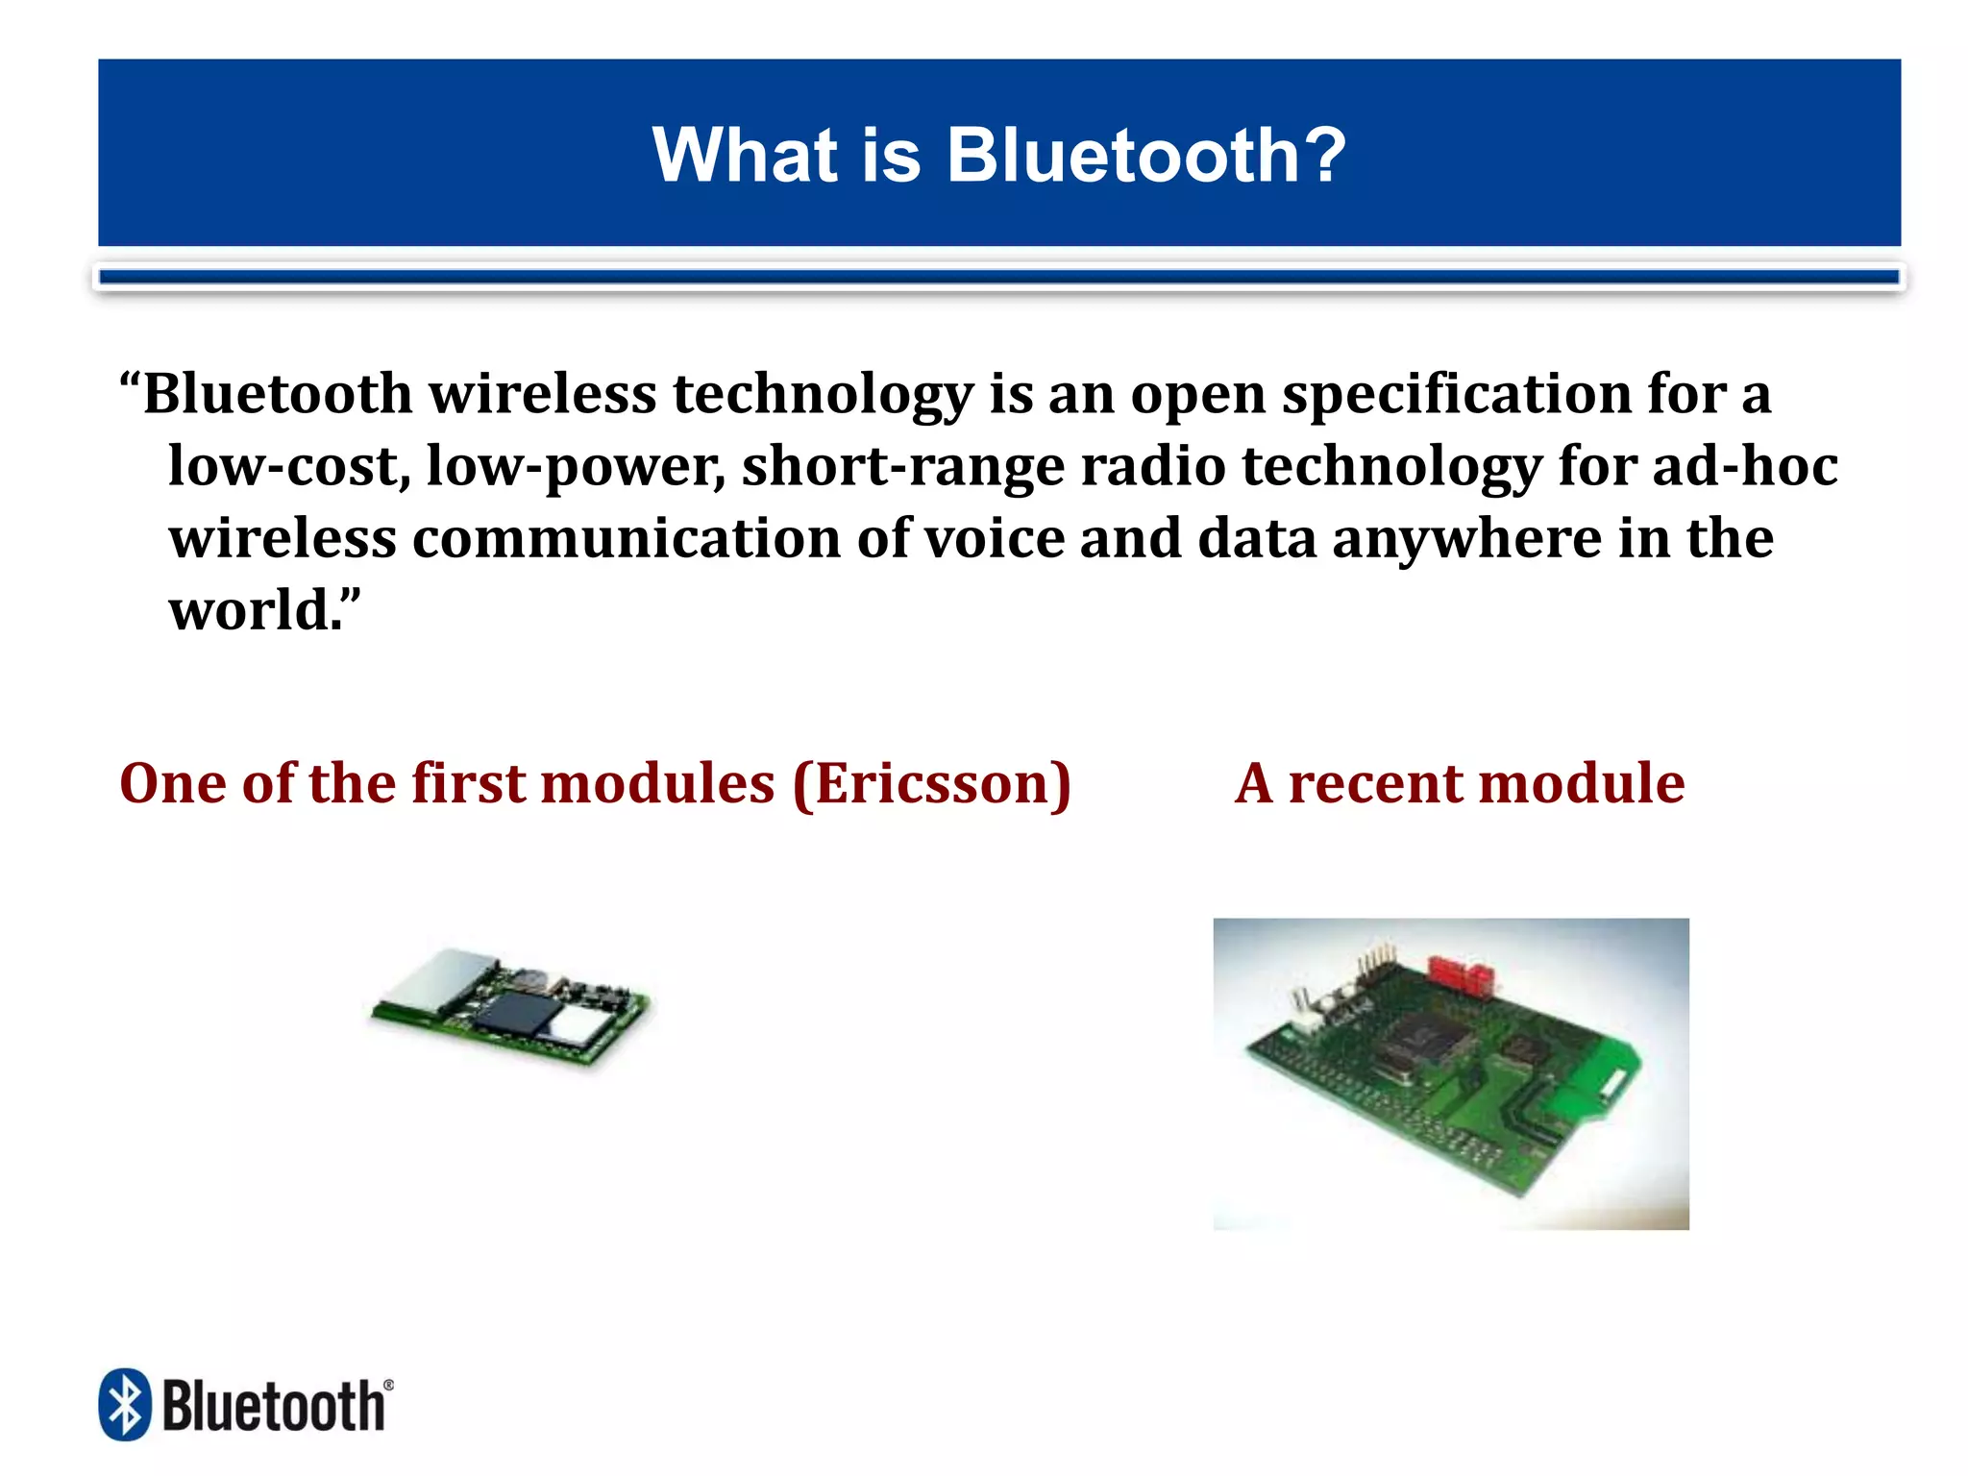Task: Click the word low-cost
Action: click(x=288, y=467)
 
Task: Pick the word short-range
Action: click(x=902, y=467)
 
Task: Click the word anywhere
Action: click(x=1466, y=540)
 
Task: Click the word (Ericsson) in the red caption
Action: click(x=931, y=784)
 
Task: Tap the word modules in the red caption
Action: click(x=658, y=782)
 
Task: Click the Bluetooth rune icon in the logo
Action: click(x=125, y=1405)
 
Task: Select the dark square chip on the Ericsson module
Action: click(x=519, y=1014)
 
